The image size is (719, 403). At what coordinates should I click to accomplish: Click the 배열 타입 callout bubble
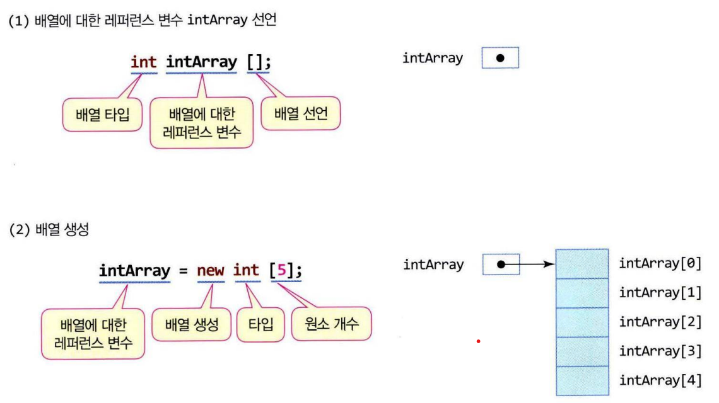click(102, 115)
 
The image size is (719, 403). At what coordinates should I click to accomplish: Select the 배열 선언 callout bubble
click(300, 114)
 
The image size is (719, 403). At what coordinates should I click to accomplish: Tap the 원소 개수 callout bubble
click(331, 324)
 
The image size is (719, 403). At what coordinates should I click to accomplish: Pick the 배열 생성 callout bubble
click(192, 324)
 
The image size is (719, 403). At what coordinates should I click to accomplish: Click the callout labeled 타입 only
click(260, 325)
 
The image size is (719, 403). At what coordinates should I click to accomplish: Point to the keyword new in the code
click(211, 271)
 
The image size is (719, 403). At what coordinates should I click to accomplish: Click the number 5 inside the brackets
click(282, 271)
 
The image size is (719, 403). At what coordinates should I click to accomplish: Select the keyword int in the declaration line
click(144, 62)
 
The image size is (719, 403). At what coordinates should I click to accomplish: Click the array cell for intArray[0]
click(582, 264)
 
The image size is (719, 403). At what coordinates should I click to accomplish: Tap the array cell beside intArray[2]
click(582, 322)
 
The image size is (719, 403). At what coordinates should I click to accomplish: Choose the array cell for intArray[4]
click(582, 380)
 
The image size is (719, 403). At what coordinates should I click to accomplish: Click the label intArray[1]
click(660, 293)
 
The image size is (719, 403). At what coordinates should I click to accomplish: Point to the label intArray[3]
click(660, 351)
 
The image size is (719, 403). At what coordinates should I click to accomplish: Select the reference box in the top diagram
click(500, 58)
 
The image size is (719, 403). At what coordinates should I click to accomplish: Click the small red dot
click(479, 341)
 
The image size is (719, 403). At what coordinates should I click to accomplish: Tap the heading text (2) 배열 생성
click(49, 230)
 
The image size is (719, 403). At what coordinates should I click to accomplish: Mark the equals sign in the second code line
click(183, 271)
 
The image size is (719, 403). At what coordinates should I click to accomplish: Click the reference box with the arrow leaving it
click(500, 264)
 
